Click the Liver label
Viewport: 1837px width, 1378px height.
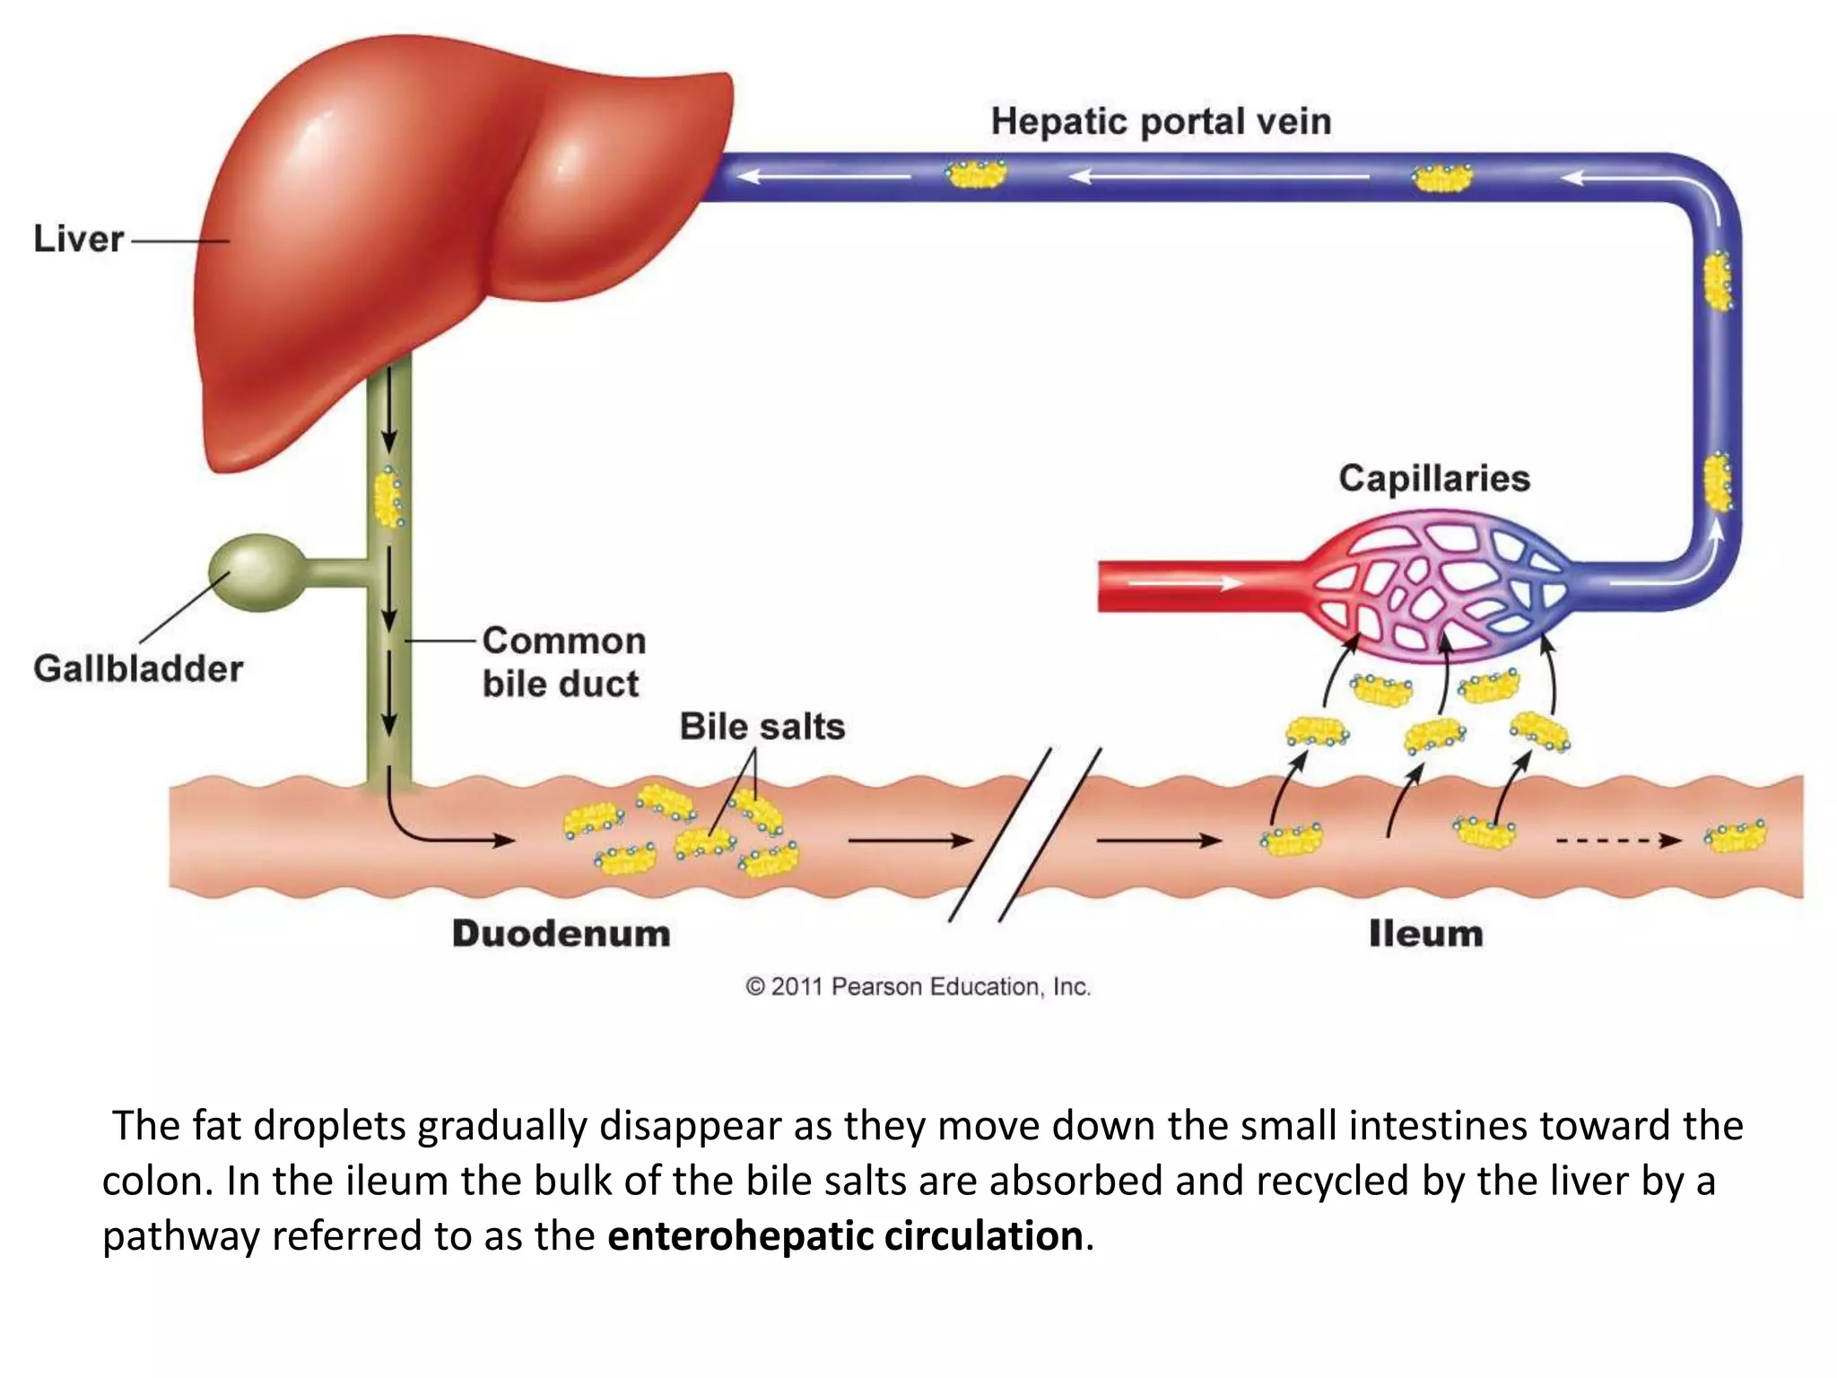pyautogui.click(x=78, y=239)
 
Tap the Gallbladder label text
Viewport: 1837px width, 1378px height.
pyautogui.click(x=138, y=668)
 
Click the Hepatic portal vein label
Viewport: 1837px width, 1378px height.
pyautogui.click(x=1161, y=121)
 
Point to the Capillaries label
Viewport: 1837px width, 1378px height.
pyautogui.click(x=1433, y=478)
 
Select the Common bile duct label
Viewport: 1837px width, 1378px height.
pyautogui.click(x=563, y=662)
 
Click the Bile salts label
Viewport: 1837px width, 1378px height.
pyautogui.click(x=762, y=726)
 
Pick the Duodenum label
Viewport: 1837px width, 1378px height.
pyautogui.click(x=561, y=933)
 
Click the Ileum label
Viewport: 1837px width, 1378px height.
pyautogui.click(x=1425, y=933)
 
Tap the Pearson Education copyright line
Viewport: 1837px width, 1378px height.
pyautogui.click(x=918, y=986)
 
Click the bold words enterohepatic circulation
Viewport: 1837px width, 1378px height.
pyautogui.click(x=845, y=1235)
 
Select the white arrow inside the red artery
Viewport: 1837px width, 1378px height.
pyautogui.click(x=1184, y=584)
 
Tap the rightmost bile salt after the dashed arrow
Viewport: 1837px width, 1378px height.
pyautogui.click(x=1735, y=836)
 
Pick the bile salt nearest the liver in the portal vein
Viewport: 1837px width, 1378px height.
pyautogui.click(x=976, y=174)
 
